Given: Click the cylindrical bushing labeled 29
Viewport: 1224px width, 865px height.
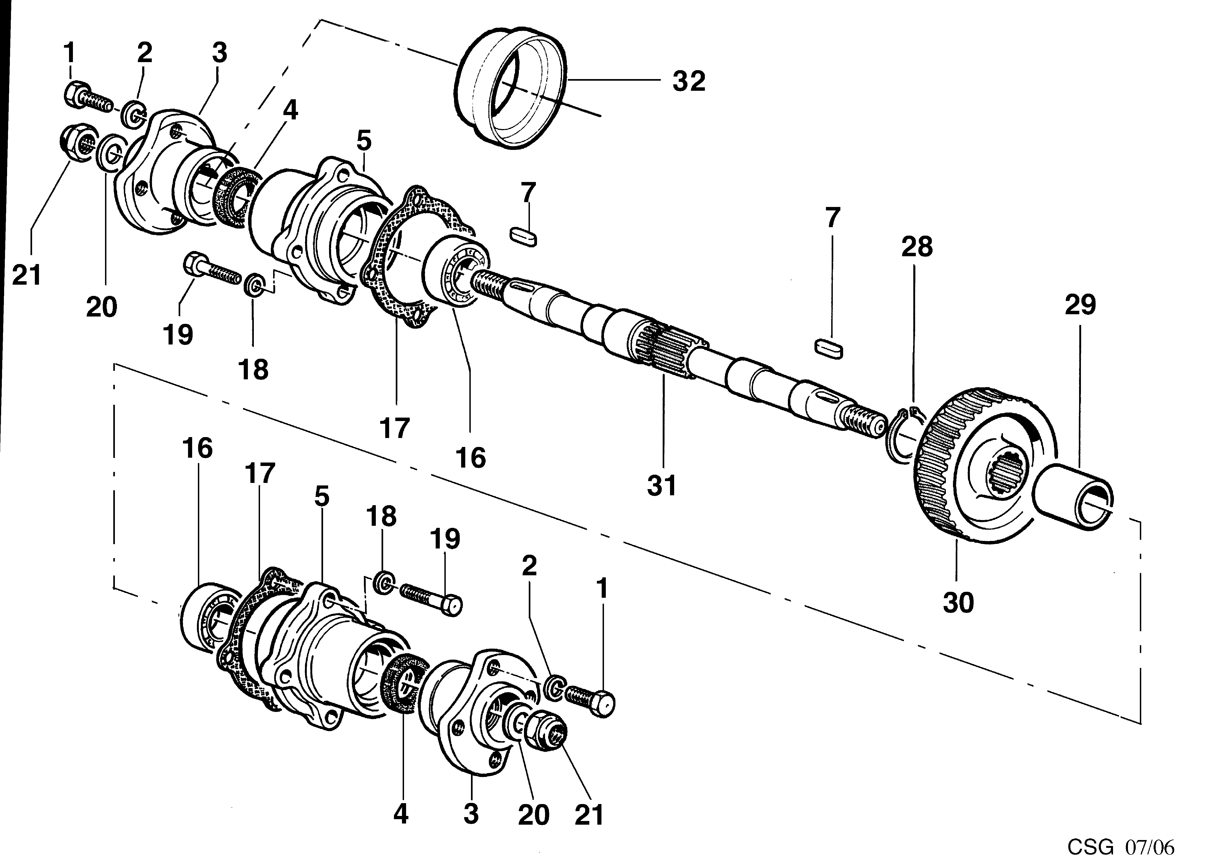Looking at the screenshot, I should [x=1072, y=496].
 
